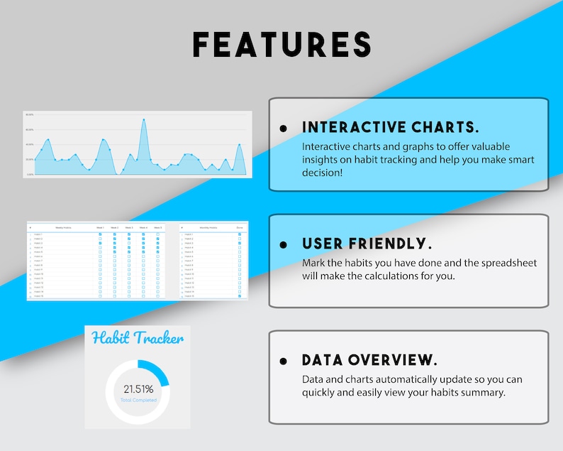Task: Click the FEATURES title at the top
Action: [x=281, y=44]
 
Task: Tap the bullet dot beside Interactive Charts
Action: [x=284, y=129]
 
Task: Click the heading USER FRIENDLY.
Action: [x=367, y=244]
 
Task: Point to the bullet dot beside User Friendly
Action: [x=284, y=244]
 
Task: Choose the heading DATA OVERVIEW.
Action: [x=369, y=359]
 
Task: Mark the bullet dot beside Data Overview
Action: [x=284, y=361]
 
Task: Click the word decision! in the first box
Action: [x=322, y=173]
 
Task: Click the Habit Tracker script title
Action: [x=138, y=338]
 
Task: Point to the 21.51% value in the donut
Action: [x=138, y=389]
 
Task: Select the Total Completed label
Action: [x=138, y=401]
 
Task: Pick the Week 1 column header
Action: [x=100, y=227]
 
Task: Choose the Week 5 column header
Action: [x=157, y=227]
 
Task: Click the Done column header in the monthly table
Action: [x=239, y=227]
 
